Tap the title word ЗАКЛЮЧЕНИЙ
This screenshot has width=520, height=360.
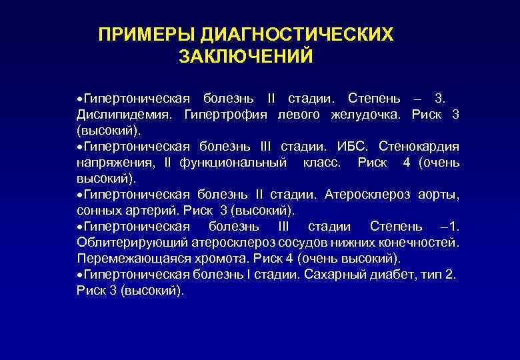[x=245, y=57]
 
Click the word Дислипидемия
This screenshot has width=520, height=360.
[x=126, y=114]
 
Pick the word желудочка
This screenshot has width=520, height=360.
[x=366, y=114]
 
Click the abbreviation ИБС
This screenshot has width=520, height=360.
[x=351, y=146]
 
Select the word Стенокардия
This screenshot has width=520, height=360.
[x=419, y=146]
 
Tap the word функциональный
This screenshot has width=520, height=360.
[x=233, y=162]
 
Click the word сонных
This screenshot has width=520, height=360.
[x=99, y=211]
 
